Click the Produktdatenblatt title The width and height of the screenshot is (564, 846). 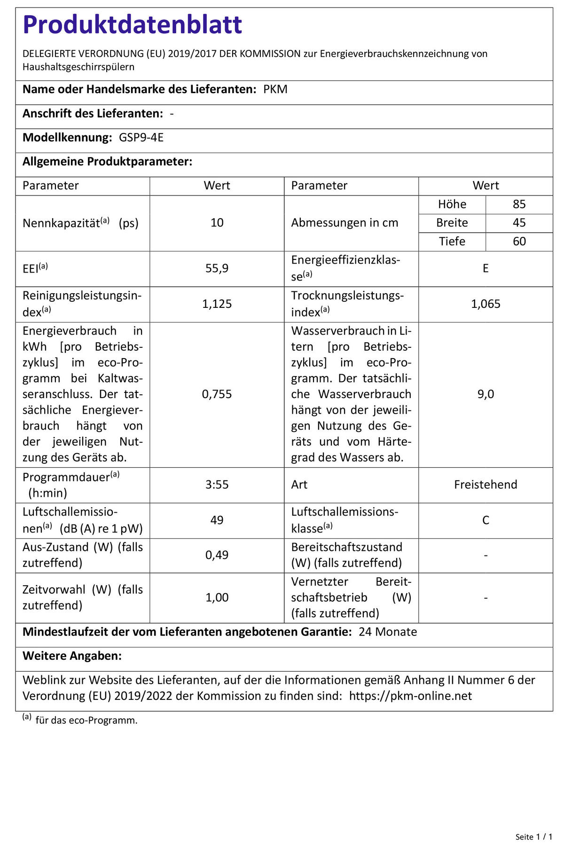coord(132,24)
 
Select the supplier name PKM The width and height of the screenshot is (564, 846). coord(275,89)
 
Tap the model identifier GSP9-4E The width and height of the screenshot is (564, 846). coord(141,138)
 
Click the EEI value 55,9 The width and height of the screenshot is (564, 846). coord(217,268)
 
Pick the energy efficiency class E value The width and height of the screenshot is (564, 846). coord(486,268)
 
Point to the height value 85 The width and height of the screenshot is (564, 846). coord(519,204)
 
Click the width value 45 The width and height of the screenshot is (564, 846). coord(519,223)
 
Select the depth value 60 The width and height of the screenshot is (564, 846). coord(519,242)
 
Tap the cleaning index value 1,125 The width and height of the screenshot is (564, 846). coord(217,304)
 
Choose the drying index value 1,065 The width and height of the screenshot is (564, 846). coord(486,304)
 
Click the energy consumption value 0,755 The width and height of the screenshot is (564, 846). coord(217,394)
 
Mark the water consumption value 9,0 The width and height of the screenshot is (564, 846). coord(486,394)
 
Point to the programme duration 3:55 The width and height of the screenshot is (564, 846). coord(217,485)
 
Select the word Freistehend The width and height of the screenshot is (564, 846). coord(486,485)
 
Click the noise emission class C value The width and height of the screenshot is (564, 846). coord(486,520)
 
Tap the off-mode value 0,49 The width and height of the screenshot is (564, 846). coord(217,555)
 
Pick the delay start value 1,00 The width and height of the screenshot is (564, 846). coord(217,598)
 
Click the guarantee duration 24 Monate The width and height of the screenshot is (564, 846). coord(388,632)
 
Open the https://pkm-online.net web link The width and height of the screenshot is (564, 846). coord(410,696)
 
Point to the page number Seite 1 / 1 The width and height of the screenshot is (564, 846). coord(533,837)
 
